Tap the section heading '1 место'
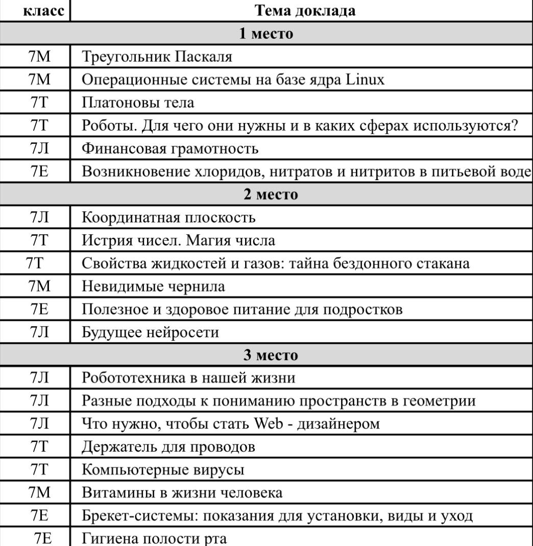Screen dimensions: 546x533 (x=266, y=34)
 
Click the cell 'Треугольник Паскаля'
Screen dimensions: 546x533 (x=157, y=56)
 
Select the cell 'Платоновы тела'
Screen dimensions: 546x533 (x=138, y=102)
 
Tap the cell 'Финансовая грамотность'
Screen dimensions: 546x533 (x=171, y=148)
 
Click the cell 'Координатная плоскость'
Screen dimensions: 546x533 (x=168, y=217)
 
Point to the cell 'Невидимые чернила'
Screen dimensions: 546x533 (x=153, y=286)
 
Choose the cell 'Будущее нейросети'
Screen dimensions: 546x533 (x=151, y=333)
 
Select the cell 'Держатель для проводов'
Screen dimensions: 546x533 (x=168, y=447)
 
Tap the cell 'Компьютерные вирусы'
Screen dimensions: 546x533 (x=163, y=470)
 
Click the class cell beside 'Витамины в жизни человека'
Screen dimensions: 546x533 (x=39, y=493)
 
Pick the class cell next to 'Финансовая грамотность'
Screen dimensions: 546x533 (x=39, y=148)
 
